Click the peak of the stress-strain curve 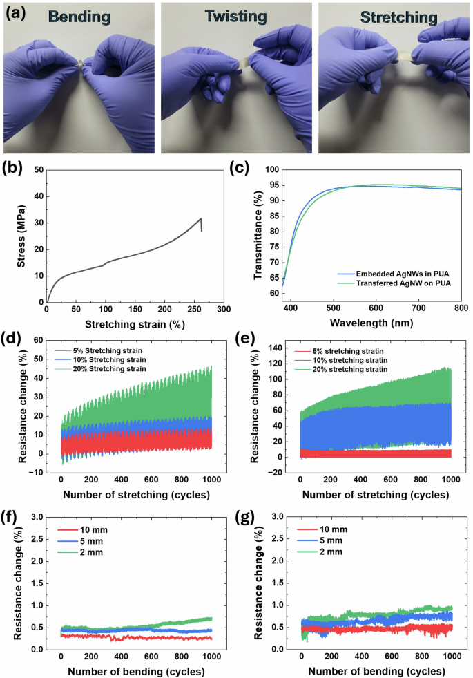[200, 218]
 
